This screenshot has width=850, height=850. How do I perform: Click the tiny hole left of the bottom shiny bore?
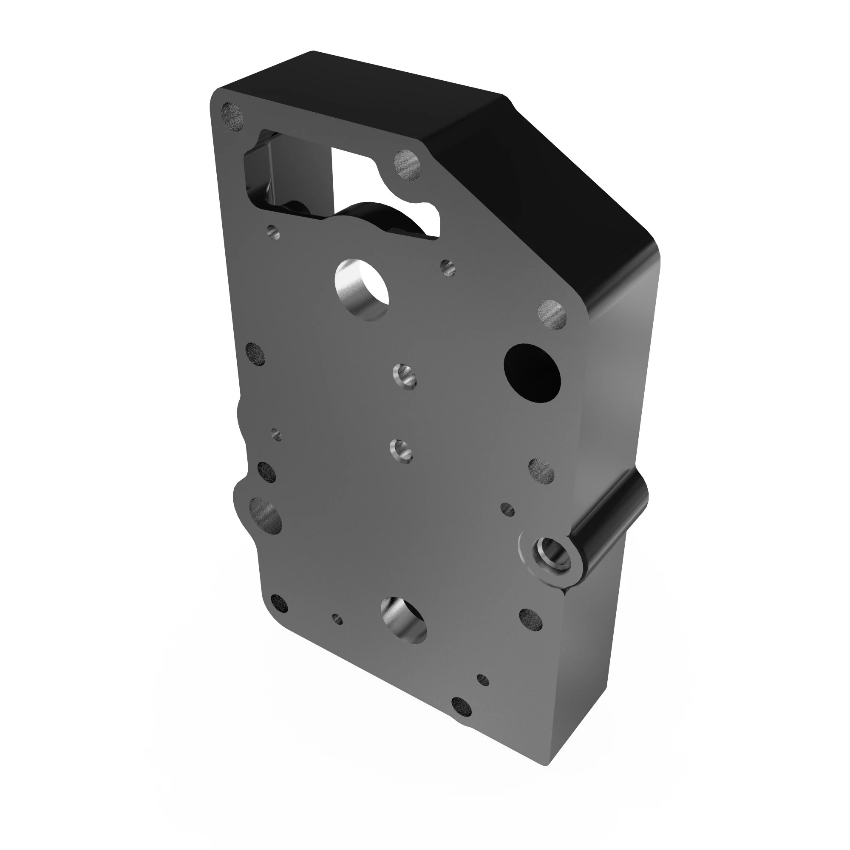pyautogui.click(x=337, y=619)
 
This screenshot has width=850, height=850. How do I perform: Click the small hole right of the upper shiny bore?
pyautogui.click(x=448, y=266)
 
